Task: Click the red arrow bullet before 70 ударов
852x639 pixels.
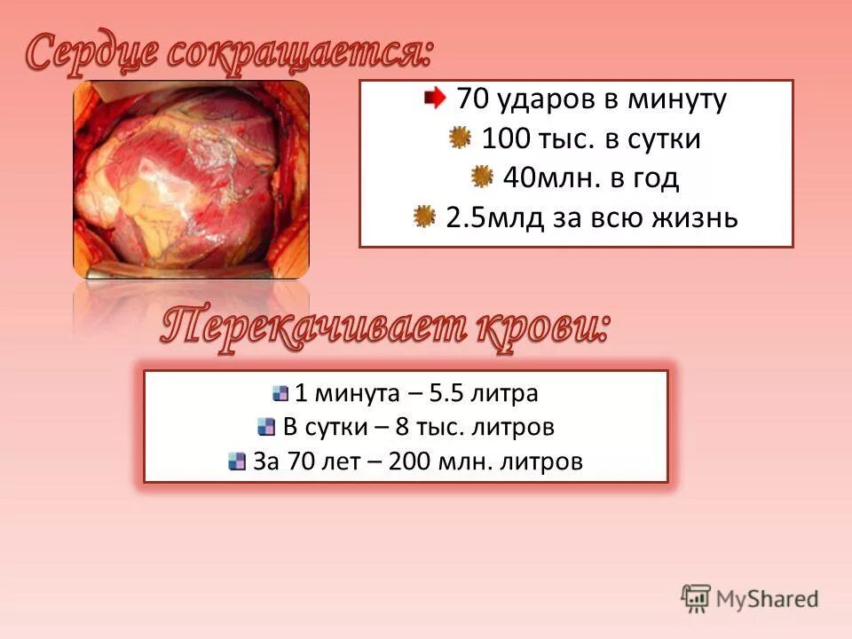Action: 435,98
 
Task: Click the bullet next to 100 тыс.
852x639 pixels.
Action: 459,138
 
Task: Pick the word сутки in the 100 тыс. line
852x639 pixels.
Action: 667,139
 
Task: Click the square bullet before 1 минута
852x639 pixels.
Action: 280,392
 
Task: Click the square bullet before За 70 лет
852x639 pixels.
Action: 236,461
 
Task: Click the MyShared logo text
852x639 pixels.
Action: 767,599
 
